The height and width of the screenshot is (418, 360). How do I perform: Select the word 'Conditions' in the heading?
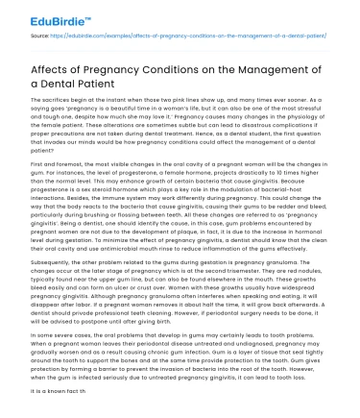[182, 66]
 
